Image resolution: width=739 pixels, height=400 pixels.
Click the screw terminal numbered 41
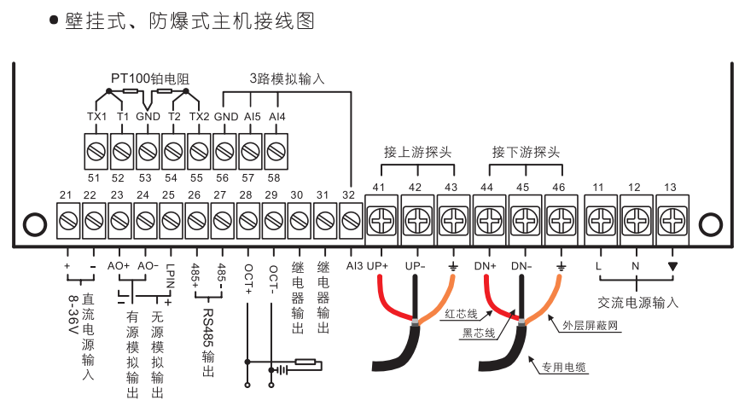(x=378, y=220)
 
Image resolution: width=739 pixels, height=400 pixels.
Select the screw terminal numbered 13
(x=671, y=219)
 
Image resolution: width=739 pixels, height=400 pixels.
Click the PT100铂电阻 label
(x=149, y=78)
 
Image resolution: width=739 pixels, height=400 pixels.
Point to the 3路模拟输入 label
(x=288, y=78)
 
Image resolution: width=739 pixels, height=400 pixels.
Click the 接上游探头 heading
(x=416, y=153)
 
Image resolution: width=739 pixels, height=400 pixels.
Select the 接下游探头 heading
(x=525, y=153)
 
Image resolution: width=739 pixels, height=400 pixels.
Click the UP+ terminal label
(x=377, y=266)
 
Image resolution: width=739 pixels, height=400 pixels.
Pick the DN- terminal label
(x=522, y=266)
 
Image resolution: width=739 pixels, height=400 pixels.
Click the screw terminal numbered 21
(x=67, y=223)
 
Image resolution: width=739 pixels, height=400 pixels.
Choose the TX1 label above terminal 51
(x=96, y=116)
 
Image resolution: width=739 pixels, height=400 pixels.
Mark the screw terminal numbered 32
(x=349, y=223)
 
